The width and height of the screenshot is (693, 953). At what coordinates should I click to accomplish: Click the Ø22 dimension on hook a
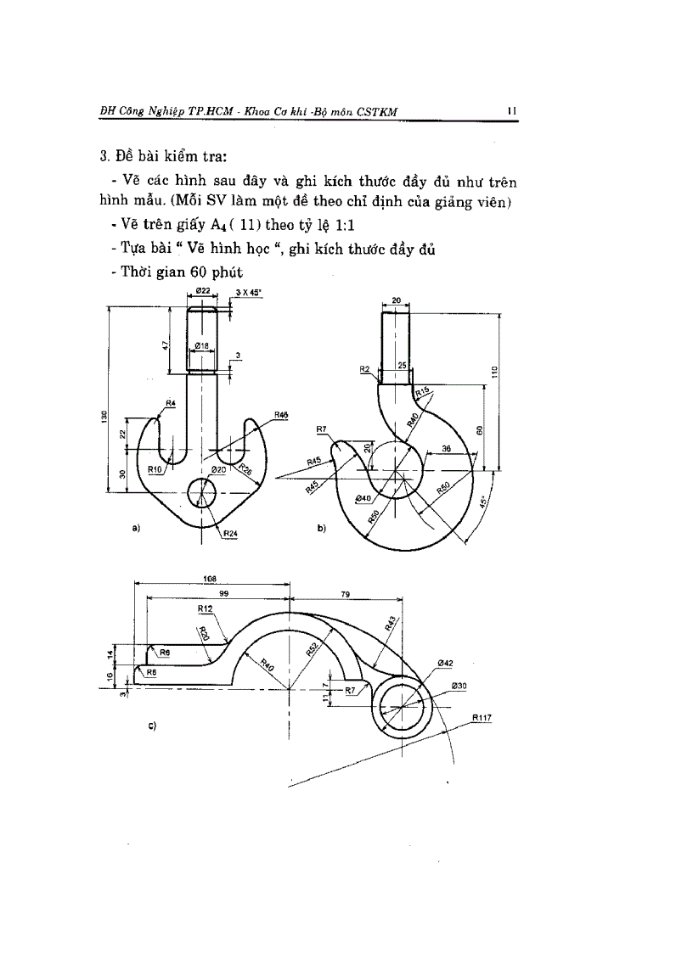pyautogui.click(x=203, y=291)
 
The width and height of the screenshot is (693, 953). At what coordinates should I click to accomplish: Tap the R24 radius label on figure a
pyautogui.click(x=231, y=534)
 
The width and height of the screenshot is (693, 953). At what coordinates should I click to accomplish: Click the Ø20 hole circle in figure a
pyautogui.click(x=203, y=491)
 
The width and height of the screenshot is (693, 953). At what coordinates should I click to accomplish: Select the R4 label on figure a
pyautogui.click(x=171, y=403)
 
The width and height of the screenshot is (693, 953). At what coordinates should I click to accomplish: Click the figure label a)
pyautogui.click(x=136, y=528)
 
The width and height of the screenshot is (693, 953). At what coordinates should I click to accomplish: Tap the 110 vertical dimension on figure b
pyautogui.click(x=494, y=371)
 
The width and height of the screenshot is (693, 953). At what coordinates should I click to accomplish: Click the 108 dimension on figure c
pyautogui.click(x=209, y=578)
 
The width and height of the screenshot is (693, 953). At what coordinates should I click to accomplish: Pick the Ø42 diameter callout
pyautogui.click(x=445, y=663)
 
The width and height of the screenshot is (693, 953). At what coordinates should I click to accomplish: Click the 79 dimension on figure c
pyautogui.click(x=346, y=595)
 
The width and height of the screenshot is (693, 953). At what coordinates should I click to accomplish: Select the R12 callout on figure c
pyautogui.click(x=205, y=608)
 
